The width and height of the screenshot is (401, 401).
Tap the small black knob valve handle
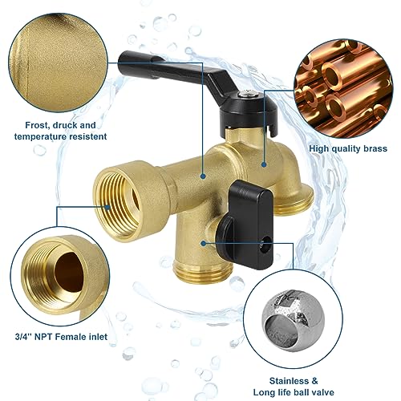[236, 205]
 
